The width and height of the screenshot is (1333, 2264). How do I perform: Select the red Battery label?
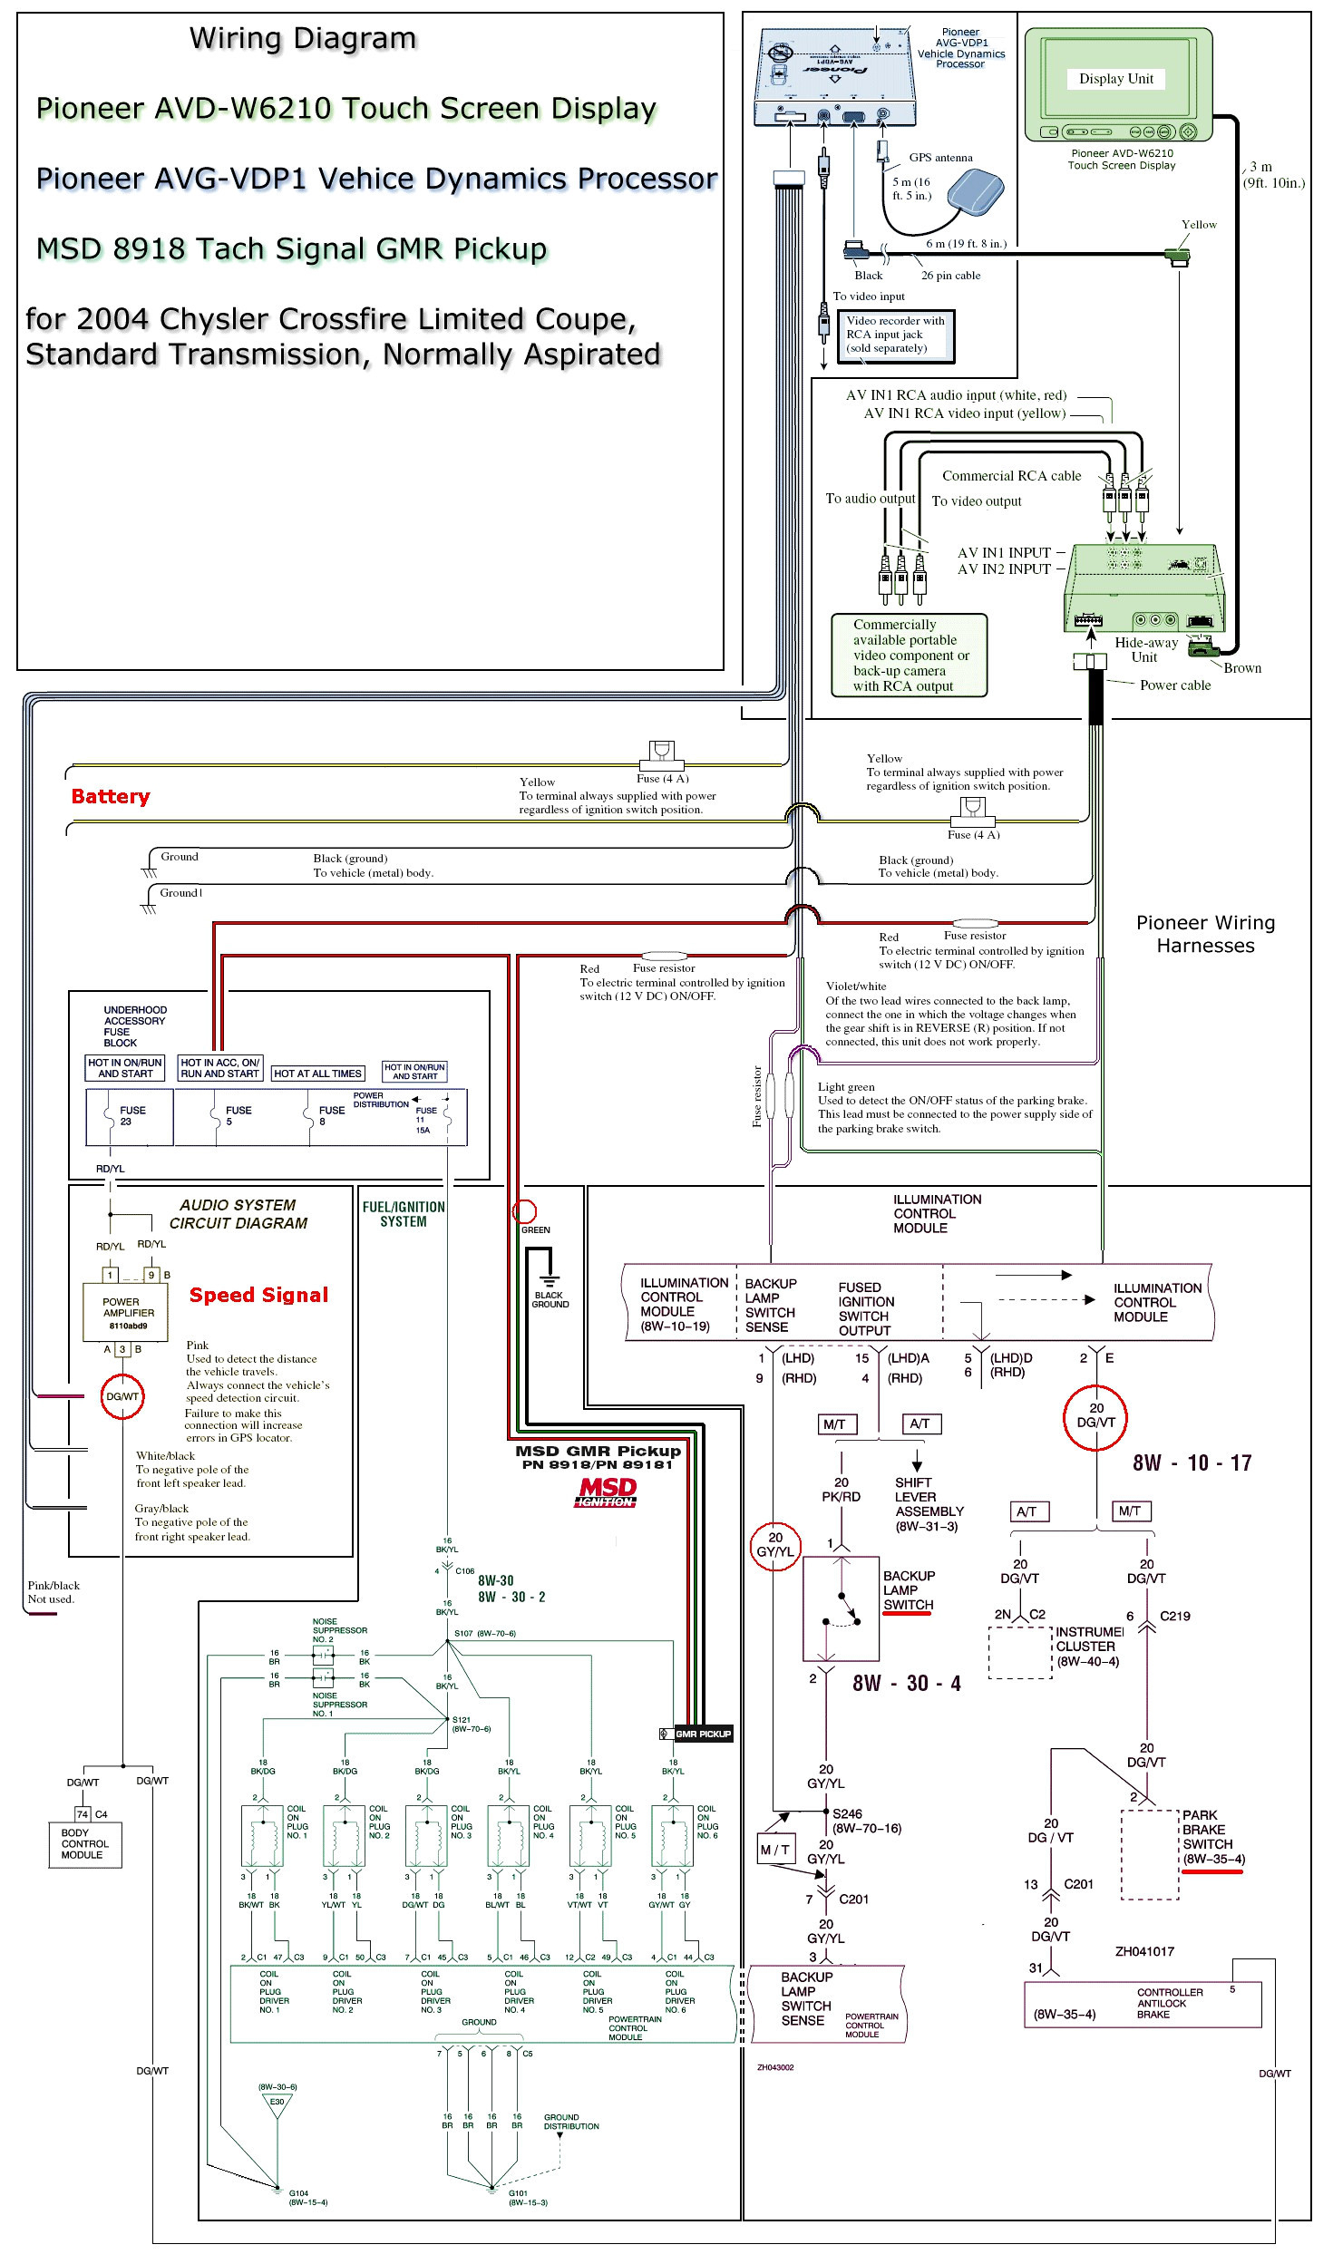coord(111,796)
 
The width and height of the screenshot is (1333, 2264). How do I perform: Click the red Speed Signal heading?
coord(258,1295)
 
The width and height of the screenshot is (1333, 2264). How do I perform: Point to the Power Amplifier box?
coord(128,1312)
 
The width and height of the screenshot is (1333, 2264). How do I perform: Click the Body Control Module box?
coord(84,1843)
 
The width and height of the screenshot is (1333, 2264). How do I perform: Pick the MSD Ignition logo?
coord(607,1492)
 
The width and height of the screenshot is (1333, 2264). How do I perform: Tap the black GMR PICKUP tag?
coord(703,1734)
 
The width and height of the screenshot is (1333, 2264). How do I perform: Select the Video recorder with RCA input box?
coord(895,335)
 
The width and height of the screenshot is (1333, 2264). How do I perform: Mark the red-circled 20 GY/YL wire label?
coord(774,1544)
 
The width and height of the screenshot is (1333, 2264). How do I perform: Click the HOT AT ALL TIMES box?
coord(317,1074)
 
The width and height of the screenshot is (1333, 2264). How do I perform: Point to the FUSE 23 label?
coord(132,1115)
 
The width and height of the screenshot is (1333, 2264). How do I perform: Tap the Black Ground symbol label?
coord(550,1299)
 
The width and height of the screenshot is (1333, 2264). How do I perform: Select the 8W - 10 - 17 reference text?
coord(1192,1462)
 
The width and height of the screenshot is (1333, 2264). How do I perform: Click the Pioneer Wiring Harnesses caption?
coord(1205,934)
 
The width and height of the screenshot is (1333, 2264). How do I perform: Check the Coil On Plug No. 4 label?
coord(543,1823)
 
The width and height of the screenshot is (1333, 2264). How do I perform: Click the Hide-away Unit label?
coord(1145,649)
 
